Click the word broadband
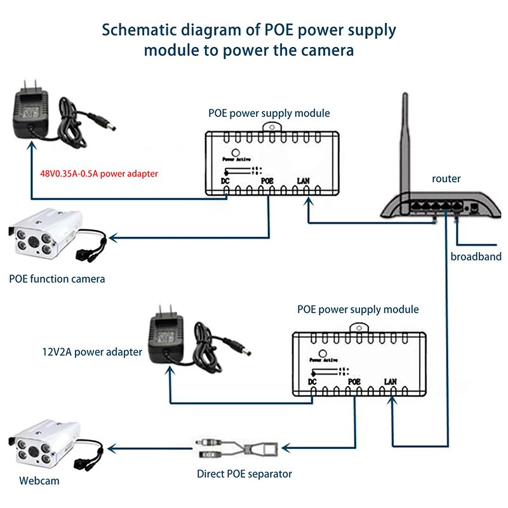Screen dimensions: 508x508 point(476,257)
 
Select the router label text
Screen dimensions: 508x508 point(446,179)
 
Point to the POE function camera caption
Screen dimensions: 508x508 point(57,278)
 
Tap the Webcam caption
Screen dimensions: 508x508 point(39,481)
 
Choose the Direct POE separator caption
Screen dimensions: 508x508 point(244,474)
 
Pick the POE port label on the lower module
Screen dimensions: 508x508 point(354,382)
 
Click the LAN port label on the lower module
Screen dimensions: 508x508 point(391,382)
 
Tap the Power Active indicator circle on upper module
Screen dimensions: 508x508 point(236,153)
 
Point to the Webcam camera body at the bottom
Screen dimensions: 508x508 point(41,444)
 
